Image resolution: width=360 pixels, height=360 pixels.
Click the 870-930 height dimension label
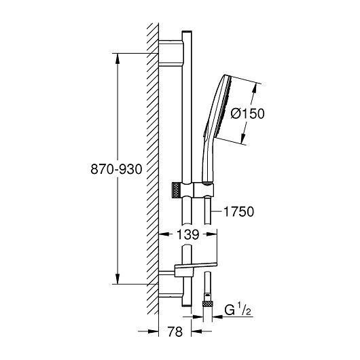tap(116, 169)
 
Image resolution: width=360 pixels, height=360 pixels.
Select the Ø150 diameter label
tap(247, 113)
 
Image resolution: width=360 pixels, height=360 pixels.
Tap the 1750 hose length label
tap(239, 211)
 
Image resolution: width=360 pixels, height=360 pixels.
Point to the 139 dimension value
tap(187, 234)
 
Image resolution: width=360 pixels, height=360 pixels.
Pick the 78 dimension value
tap(175, 331)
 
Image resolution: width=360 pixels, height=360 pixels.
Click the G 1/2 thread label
tap(238, 310)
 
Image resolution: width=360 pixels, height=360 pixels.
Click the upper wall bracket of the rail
tap(171, 53)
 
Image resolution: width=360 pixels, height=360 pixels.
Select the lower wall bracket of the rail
tap(171, 284)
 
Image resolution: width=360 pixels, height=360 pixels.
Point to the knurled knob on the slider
tap(176, 190)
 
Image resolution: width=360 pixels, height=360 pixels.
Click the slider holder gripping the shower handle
tap(204, 190)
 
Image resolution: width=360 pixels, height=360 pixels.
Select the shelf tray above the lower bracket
tap(196, 268)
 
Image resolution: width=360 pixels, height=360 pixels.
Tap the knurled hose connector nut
tap(208, 304)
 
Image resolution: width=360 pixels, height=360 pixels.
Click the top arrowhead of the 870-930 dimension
tap(118, 58)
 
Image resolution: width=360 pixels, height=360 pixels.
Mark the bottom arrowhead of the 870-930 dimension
tap(118, 278)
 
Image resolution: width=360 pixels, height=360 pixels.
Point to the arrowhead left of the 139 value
tap(164, 234)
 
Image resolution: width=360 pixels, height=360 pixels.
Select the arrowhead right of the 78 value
tap(196, 331)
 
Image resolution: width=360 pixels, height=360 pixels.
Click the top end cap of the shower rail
tap(187, 32)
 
